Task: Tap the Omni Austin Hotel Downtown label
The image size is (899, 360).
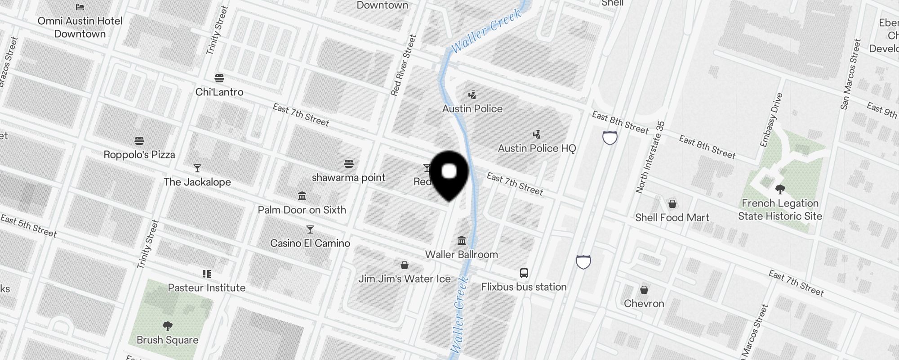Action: pyautogui.click(x=80, y=27)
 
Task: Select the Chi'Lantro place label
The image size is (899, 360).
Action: pyautogui.click(x=219, y=92)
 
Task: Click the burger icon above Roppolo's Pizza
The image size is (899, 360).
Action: pyautogui.click(x=139, y=141)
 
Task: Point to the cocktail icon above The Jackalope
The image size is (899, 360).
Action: pyautogui.click(x=197, y=168)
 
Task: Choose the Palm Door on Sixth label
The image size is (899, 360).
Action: pyautogui.click(x=302, y=210)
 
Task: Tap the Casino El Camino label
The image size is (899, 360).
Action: pyautogui.click(x=310, y=243)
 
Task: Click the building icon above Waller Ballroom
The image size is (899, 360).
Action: pyautogui.click(x=462, y=240)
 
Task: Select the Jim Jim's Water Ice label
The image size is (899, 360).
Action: pyautogui.click(x=405, y=279)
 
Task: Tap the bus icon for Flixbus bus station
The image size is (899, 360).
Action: pyautogui.click(x=524, y=273)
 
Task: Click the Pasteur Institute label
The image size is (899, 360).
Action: pyautogui.click(x=207, y=288)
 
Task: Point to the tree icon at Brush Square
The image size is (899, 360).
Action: pyautogui.click(x=168, y=326)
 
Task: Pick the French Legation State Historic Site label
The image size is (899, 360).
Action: pyautogui.click(x=780, y=210)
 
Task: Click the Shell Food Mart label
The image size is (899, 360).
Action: pyautogui.click(x=672, y=217)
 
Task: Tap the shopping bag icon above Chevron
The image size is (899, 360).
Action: pyautogui.click(x=644, y=289)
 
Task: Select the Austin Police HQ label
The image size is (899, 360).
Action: pyautogui.click(x=537, y=148)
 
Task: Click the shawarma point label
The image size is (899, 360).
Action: pyautogui.click(x=348, y=177)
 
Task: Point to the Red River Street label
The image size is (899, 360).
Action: pyautogui.click(x=403, y=65)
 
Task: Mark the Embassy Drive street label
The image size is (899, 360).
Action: pyautogui.click(x=771, y=120)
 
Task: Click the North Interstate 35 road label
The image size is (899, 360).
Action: pyautogui.click(x=650, y=157)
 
